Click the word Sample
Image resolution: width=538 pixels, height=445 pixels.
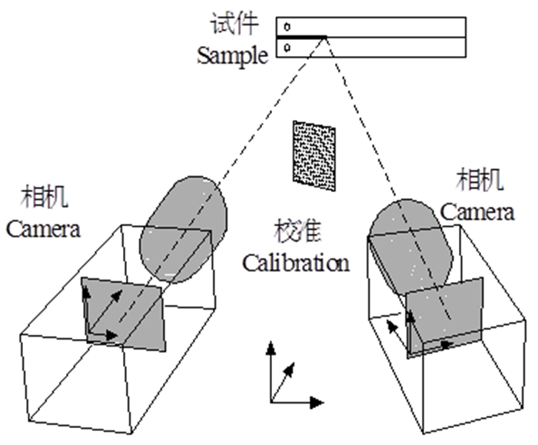(x=232, y=55)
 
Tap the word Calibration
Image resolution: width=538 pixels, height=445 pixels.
(x=296, y=264)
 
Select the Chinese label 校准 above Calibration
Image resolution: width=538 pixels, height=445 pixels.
(x=294, y=231)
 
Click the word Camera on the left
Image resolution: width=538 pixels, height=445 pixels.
(x=43, y=229)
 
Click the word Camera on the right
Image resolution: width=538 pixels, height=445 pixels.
(x=477, y=211)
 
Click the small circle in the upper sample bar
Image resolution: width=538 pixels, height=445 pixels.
(x=287, y=28)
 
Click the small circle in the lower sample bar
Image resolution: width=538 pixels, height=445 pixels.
(x=287, y=48)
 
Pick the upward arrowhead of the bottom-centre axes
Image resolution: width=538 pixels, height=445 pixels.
(x=271, y=347)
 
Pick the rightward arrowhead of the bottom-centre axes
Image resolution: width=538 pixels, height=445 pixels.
(x=318, y=401)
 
